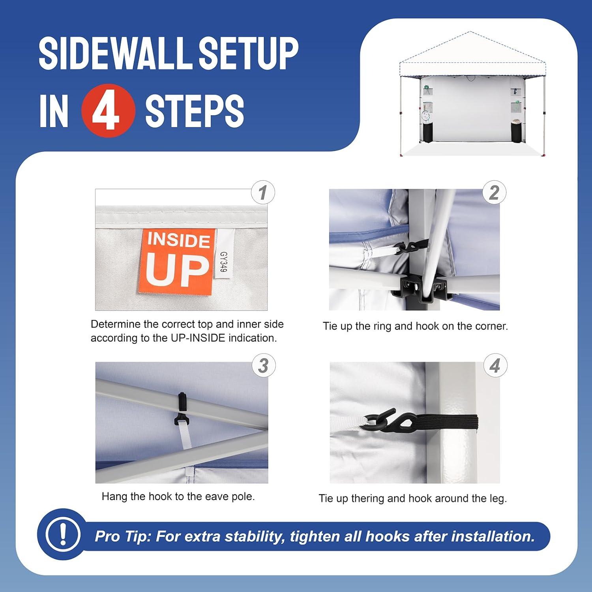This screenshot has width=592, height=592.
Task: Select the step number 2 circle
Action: tap(494, 193)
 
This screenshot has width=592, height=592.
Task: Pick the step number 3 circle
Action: tap(264, 365)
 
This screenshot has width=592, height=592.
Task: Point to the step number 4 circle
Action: tap(495, 365)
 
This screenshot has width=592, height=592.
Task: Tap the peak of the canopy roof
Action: tap(470, 32)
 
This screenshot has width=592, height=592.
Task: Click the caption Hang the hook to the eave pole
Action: tap(178, 496)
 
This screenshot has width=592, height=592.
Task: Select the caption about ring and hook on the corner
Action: tap(415, 326)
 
